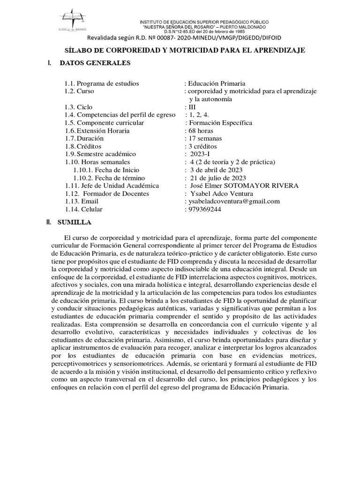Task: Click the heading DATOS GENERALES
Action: [96, 63]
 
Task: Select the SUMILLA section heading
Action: [75, 222]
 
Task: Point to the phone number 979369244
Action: [204, 210]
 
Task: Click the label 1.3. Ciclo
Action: [79, 106]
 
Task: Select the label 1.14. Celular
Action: [83, 210]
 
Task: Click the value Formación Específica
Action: [219, 122]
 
